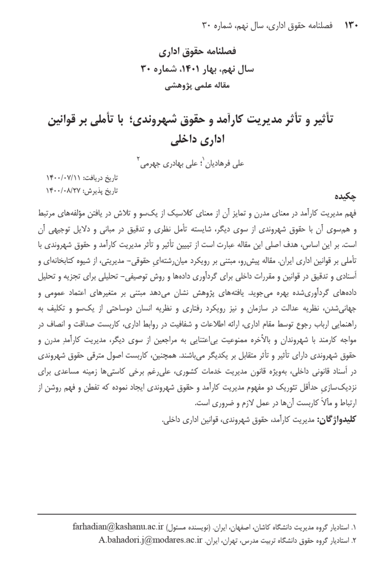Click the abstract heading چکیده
(x=342, y=196)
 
